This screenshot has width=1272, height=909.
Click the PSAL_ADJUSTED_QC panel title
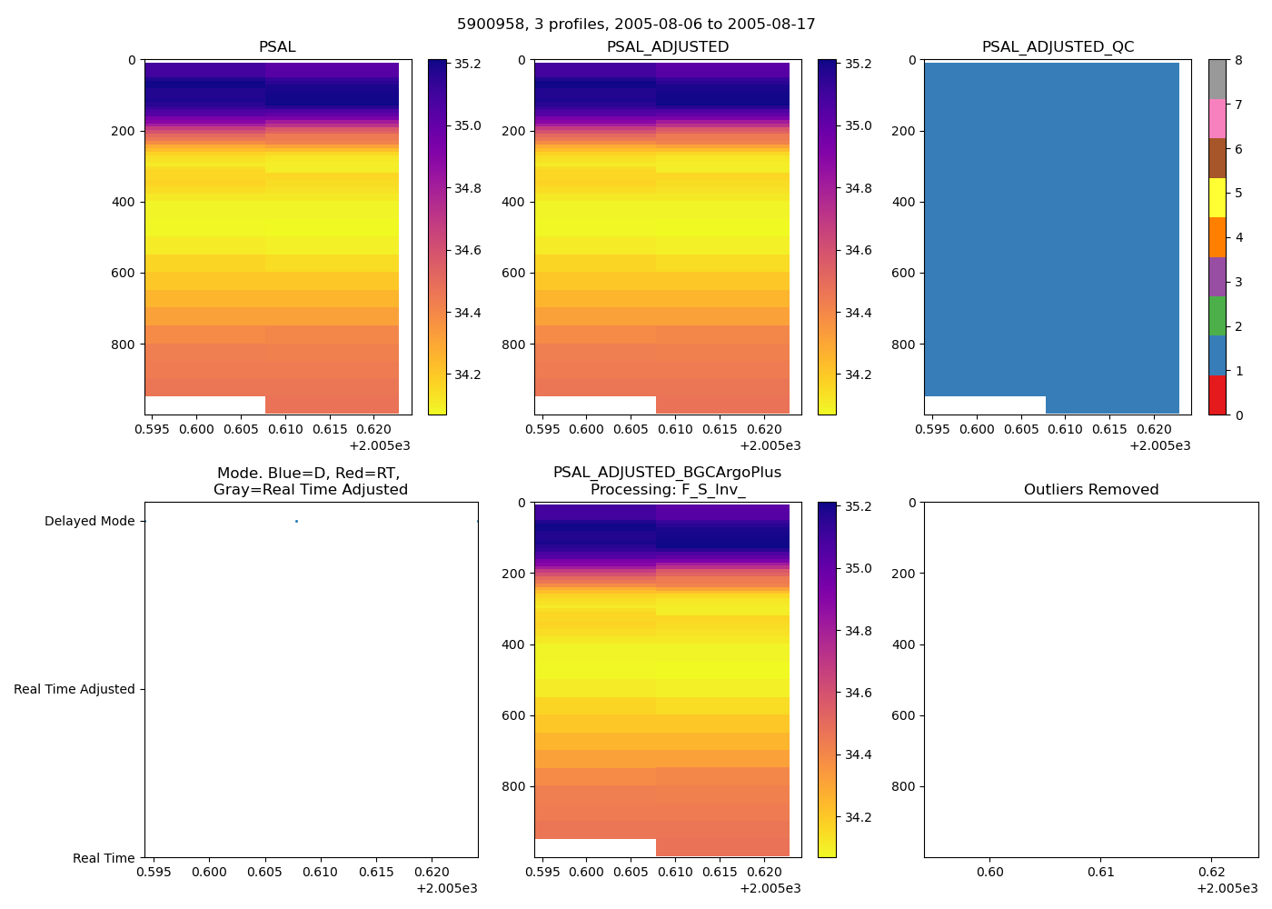(1058, 47)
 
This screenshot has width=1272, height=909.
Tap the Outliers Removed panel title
(1090, 490)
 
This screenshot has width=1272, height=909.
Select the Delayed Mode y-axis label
(89, 522)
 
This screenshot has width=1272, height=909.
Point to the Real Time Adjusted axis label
(75, 690)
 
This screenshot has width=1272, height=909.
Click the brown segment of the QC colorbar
(1217, 158)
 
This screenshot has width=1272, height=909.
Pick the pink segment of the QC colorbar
(1217, 119)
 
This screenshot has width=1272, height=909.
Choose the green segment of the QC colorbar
(1217, 315)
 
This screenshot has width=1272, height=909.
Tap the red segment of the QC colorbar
(1217, 395)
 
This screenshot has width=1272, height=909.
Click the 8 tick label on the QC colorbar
(1237, 61)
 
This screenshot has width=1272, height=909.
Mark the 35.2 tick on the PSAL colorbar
(468, 65)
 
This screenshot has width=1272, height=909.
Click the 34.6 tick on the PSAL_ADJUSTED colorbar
(859, 251)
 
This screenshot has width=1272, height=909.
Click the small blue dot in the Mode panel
(296, 521)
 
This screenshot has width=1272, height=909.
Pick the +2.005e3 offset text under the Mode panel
(446, 889)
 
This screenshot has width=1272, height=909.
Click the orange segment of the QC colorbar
(1217, 237)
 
